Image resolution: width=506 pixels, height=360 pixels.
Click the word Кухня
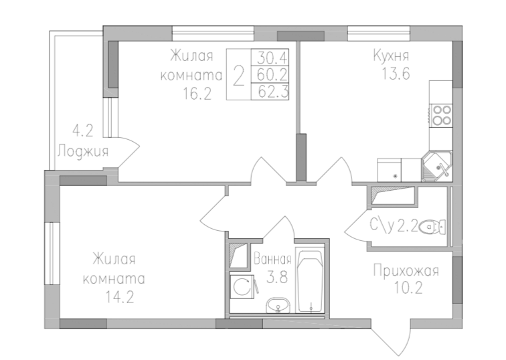pyautogui.click(x=392, y=56)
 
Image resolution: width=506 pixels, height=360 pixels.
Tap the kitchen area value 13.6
pyautogui.click(x=392, y=75)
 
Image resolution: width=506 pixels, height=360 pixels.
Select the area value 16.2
pyautogui.click(x=197, y=94)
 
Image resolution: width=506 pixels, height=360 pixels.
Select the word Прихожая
pyautogui.click(x=406, y=271)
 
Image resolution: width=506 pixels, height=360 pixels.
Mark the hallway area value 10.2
pyautogui.click(x=406, y=290)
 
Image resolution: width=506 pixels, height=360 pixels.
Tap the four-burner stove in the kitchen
pyautogui.click(x=441, y=115)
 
